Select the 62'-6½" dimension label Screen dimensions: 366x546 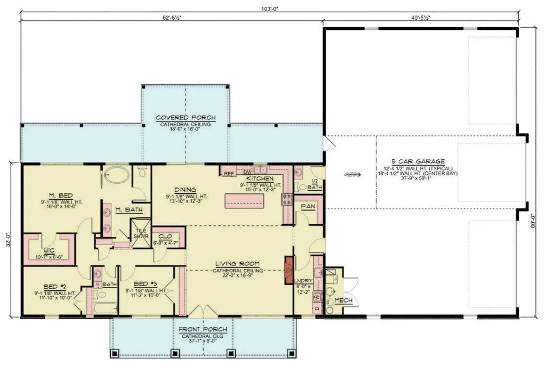171,18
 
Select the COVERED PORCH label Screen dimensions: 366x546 185,118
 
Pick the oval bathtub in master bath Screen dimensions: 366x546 116,175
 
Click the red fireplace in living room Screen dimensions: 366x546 289,265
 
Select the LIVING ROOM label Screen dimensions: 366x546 237,263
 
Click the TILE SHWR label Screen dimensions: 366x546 140,233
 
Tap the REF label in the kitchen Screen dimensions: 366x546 228,173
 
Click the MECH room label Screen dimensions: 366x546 343,300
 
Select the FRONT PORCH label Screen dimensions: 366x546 203,329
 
